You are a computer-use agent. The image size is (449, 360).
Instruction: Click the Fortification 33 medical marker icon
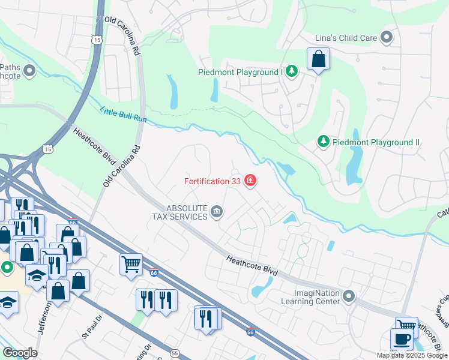(x=250, y=181)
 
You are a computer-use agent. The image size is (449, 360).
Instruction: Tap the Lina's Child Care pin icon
(x=387, y=38)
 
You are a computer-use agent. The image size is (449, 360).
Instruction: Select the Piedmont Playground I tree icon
(x=292, y=72)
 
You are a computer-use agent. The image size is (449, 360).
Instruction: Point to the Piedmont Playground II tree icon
(x=324, y=142)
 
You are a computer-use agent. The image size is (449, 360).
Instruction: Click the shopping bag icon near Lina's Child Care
(x=318, y=59)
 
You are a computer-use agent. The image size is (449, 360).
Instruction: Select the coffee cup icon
(x=401, y=339)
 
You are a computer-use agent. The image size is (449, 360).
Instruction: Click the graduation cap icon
(x=37, y=275)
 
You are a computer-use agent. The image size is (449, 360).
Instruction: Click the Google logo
(x=20, y=353)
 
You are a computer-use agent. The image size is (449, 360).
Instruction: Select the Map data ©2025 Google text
(x=412, y=355)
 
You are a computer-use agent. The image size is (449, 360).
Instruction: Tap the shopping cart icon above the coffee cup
(x=407, y=326)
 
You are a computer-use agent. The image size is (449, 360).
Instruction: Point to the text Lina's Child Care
(x=346, y=38)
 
